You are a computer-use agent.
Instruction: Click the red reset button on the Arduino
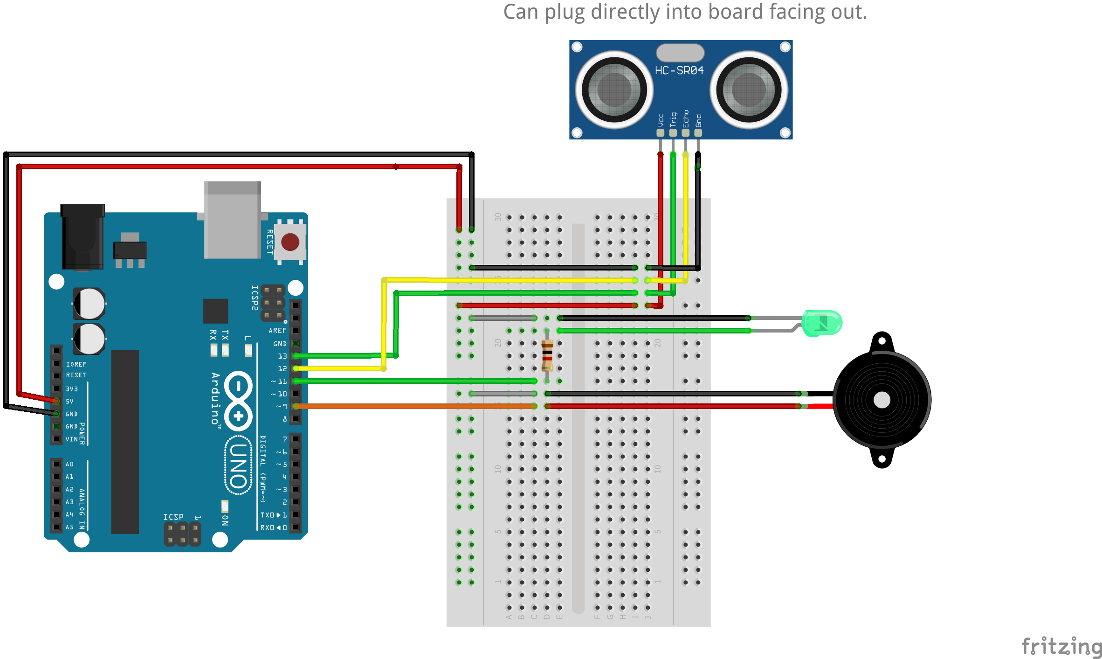pos(290,242)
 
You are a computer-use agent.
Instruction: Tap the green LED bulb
pos(822,323)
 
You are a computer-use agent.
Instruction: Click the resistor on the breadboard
pos(547,355)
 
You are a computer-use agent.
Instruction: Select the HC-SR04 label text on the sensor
pos(679,70)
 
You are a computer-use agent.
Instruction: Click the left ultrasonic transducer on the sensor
pos(614,90)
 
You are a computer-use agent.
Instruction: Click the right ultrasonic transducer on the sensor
pos(749,90)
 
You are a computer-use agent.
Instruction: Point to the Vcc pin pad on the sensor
pos(660,132)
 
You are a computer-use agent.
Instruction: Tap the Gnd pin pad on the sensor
pos(698,132)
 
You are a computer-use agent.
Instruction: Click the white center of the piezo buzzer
pos(882,400)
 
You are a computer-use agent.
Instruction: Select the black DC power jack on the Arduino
pos(83,236)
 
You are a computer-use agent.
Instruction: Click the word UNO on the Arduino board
pos(239,465)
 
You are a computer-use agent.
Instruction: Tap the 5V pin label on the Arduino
pos(69,401)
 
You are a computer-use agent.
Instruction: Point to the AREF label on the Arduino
pos(277,330)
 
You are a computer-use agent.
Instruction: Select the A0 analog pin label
pos(69,464)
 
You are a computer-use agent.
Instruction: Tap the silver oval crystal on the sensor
pos(680,53)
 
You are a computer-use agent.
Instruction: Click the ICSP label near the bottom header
pos(173,517)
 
